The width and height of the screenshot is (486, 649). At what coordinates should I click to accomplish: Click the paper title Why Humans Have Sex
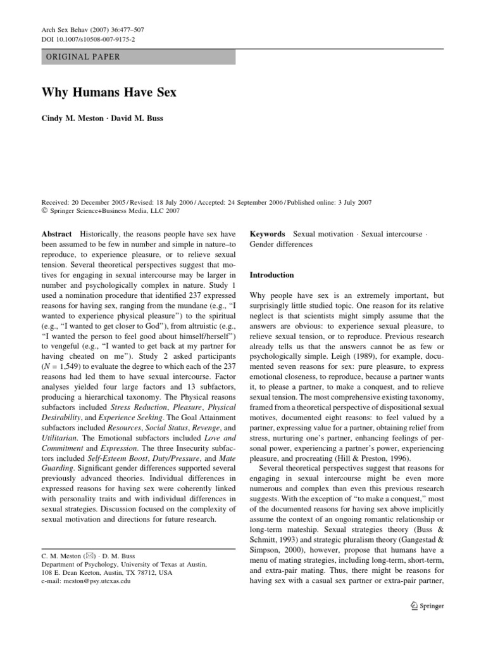[109, 93]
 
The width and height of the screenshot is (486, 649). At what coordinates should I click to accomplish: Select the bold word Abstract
[56, 235]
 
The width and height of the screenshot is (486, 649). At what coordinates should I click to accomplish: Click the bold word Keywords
[268, 235]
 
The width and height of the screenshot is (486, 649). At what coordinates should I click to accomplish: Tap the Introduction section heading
[272, 275]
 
